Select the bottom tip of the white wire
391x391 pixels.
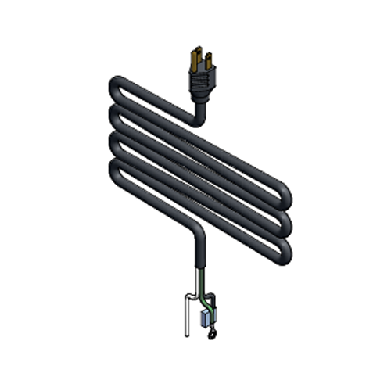pos(187,335)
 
